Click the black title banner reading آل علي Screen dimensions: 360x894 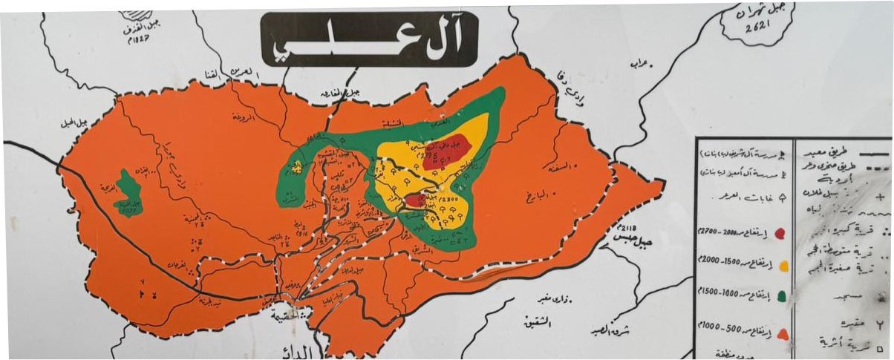(x=370, y=39)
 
